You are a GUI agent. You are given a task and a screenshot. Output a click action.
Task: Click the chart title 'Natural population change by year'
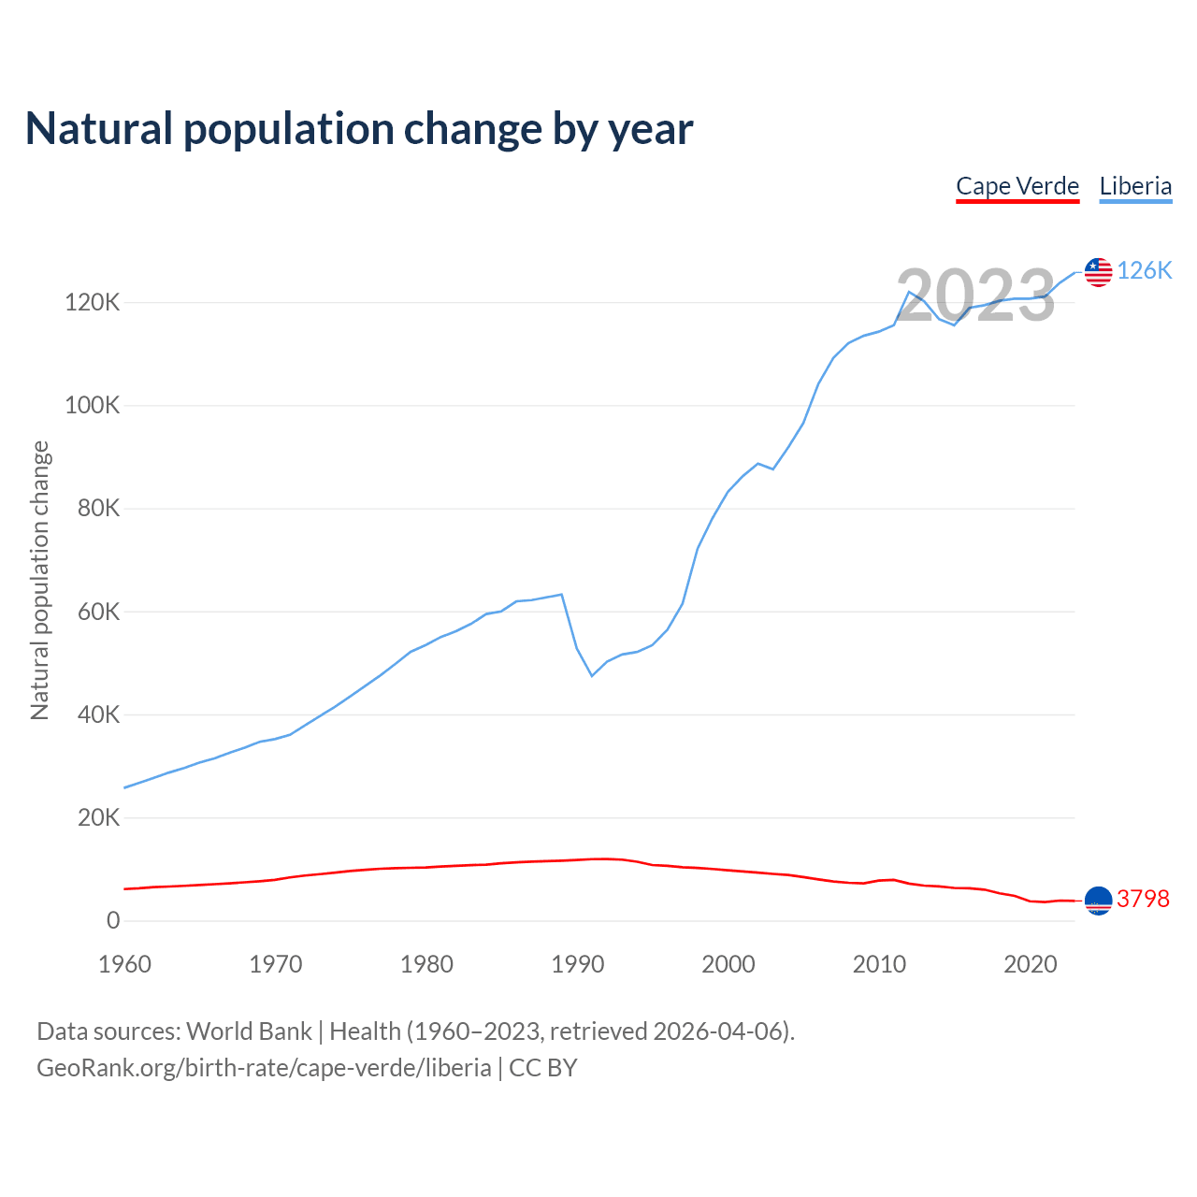click(x=359, y=129)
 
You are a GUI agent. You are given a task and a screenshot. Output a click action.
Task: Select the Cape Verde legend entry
click(x=1017, y=186)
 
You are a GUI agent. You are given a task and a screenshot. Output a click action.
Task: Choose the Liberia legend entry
click(x=1135, y=186)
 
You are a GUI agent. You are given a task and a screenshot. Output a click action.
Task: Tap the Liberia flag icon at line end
click(x=1098, y=272)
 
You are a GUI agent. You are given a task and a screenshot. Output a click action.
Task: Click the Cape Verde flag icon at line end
click(x=1098, y=900)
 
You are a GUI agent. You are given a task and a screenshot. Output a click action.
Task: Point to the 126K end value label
click(x=1145, y=271)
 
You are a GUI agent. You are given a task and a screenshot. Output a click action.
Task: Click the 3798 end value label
click(x=1143, y=899)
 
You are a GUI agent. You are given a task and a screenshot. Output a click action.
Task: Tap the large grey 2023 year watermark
click(x=975, y=296)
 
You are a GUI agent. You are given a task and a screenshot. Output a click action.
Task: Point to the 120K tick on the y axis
click(x=92, y=303)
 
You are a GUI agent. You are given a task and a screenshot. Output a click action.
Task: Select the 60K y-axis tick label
click(x=97, y=612)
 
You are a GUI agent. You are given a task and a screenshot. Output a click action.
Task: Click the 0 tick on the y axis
click(x=113, y=920)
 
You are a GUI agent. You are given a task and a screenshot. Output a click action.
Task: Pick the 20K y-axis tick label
click(x=97, y=817)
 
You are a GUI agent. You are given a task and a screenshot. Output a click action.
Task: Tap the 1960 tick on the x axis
click(x=124, y=964)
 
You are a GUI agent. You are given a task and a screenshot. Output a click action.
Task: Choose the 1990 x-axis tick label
click(x=577, y=964)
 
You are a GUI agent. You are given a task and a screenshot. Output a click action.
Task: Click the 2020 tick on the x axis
click(x=1030, y=964)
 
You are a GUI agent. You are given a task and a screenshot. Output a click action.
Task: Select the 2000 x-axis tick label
click(x=728, y=964)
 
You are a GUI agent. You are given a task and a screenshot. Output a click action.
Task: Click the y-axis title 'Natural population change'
click(x=40, y=580)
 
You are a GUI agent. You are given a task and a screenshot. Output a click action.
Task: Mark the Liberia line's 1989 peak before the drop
click(x=561, y=594)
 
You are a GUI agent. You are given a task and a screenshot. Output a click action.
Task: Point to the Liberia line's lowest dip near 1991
click(x=592, y=675)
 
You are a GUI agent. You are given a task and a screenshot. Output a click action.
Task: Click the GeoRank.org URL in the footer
click(x=264, y=1067)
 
